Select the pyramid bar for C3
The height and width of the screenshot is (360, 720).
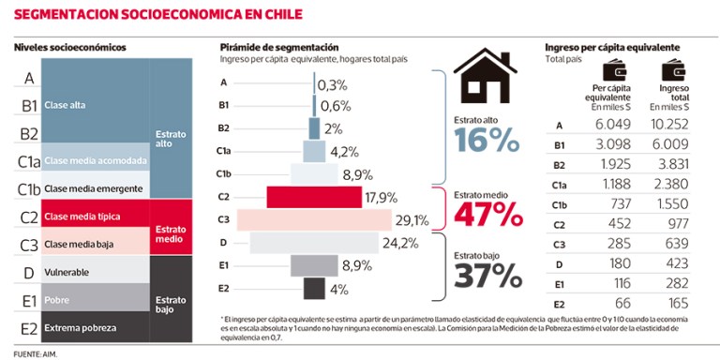[x=314, y=220]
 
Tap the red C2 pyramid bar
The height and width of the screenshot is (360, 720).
[x=314, y=197]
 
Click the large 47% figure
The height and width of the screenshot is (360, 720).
[x=487, y=214]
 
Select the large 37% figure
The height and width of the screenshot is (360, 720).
[x=487, y=276]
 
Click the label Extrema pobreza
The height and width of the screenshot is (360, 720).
[x=81, y=328]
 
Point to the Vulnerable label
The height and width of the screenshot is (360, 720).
[x=67, y=272]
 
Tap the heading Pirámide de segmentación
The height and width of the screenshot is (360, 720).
[x=278, y=47]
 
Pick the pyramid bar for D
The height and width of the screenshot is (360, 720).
[x=314, y=243]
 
